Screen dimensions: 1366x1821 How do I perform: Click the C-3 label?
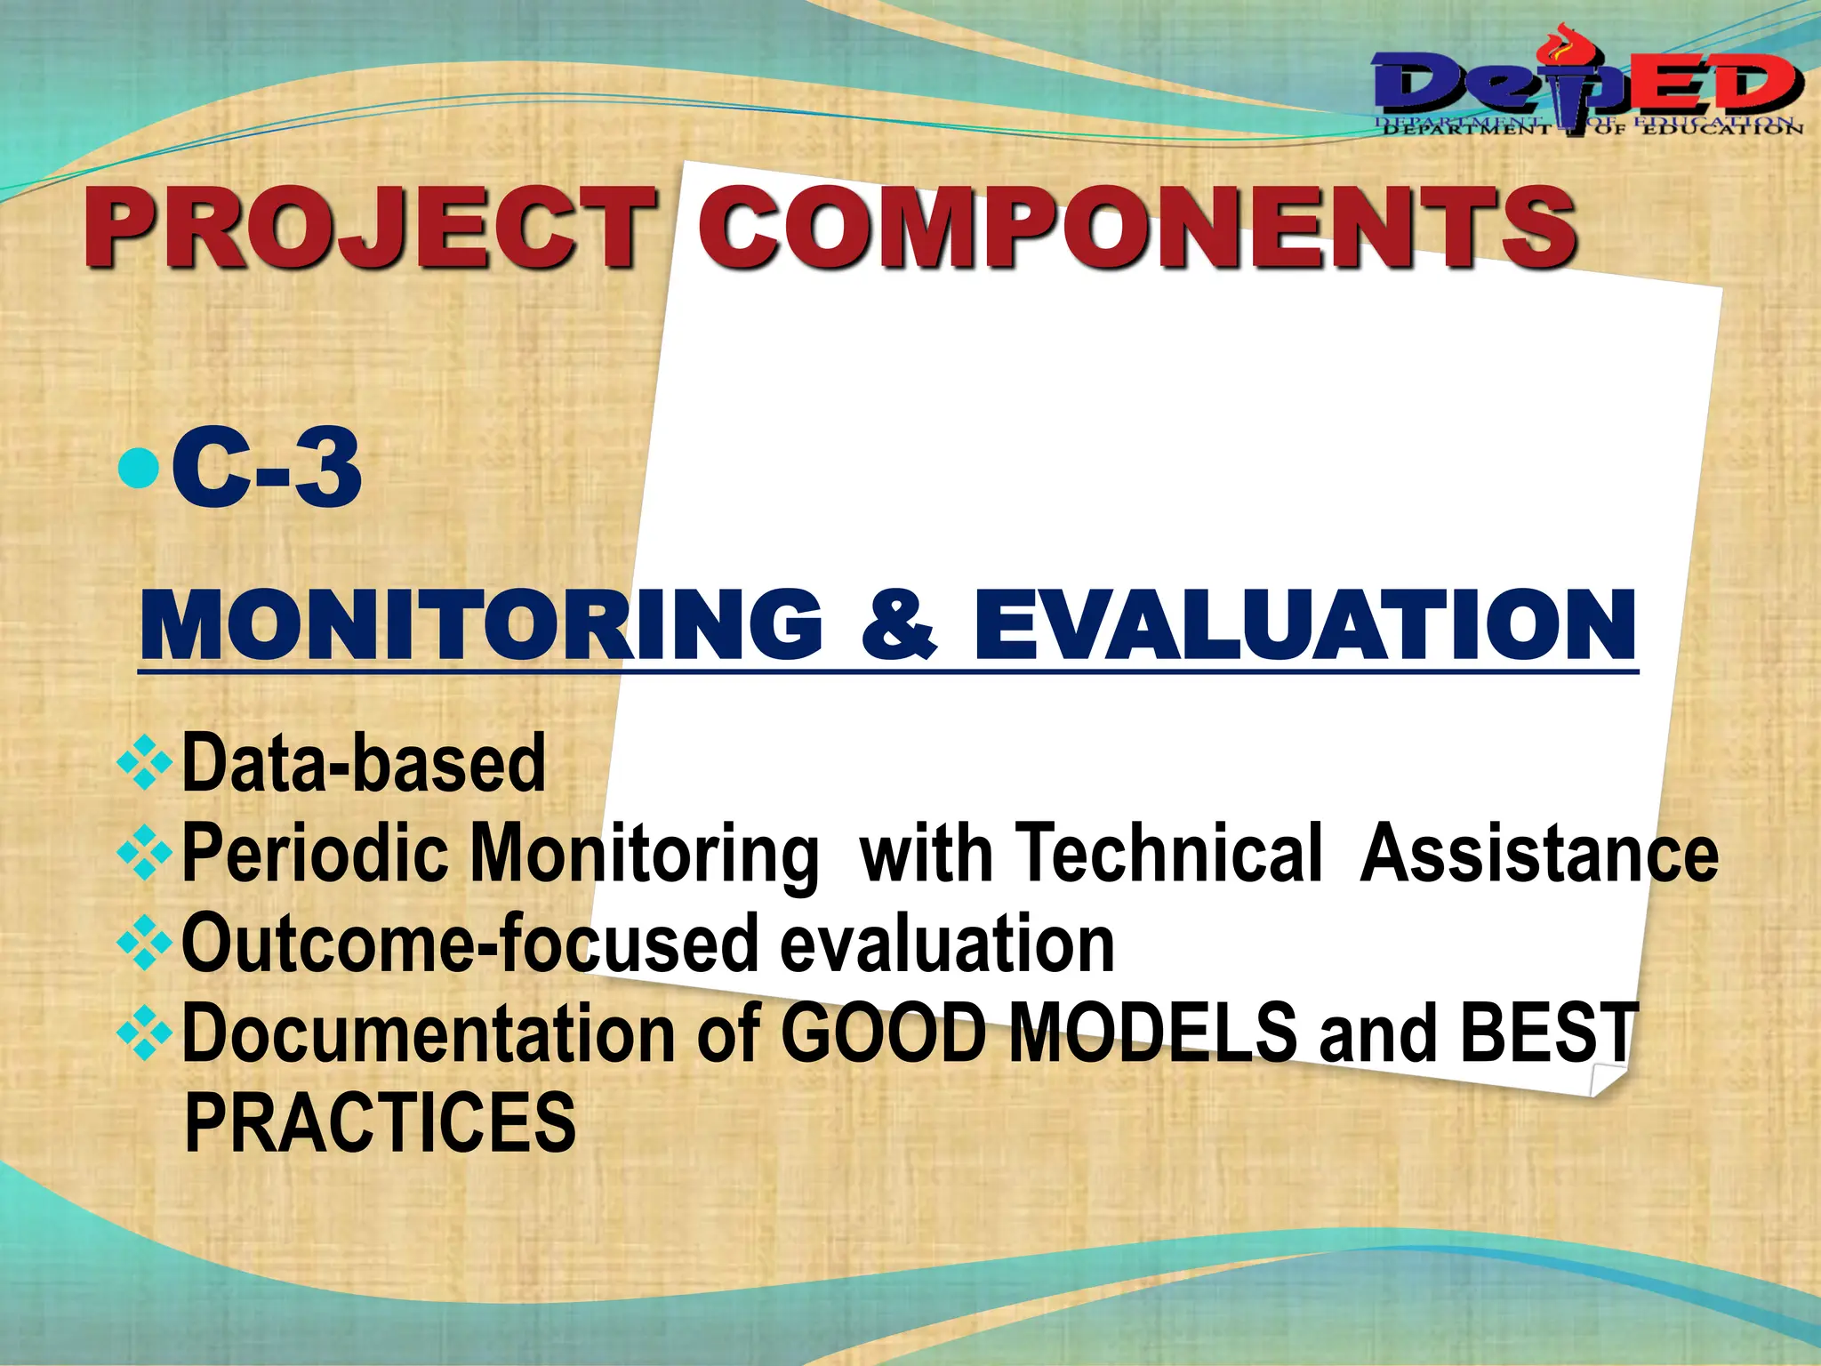click(267, 469)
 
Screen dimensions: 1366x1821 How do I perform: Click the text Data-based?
click(363, 763)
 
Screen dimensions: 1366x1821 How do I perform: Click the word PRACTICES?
click(380, 1122)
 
